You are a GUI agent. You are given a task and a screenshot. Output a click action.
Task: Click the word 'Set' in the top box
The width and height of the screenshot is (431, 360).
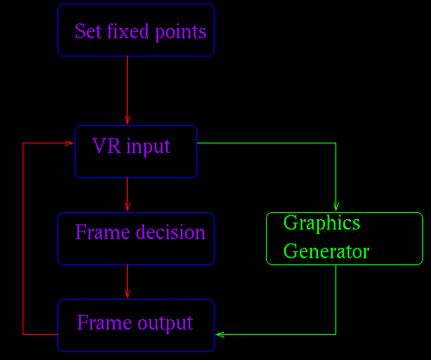pos(89,31)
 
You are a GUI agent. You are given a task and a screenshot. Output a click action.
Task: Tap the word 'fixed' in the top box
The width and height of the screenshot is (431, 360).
pos(128,31)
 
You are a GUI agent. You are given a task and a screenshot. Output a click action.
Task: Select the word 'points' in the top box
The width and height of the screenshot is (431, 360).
pos(181,32)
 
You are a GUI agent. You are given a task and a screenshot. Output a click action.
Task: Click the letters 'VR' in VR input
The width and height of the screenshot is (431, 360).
pos(106,145)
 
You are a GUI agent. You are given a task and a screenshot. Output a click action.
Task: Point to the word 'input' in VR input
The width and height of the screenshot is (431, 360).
pos(149,147)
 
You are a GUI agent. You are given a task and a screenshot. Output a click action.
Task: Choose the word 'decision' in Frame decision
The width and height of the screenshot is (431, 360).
pos(170,232)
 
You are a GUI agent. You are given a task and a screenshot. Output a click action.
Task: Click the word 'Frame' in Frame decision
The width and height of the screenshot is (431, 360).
pos(103,232)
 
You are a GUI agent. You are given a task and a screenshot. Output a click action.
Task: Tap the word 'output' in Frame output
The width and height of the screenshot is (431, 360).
pos(165,323)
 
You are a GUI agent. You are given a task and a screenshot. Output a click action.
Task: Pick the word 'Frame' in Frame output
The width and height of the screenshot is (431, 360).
pos(104,323)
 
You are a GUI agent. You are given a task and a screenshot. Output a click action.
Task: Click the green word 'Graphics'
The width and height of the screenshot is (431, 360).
pos(322,223)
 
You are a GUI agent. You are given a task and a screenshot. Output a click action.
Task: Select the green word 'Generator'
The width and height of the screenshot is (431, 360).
pos(326,251)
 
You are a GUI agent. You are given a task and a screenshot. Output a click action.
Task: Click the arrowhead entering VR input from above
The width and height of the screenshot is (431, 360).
pos(128,120)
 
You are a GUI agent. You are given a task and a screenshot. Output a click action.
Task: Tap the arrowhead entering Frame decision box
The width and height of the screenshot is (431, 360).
pos(128,207)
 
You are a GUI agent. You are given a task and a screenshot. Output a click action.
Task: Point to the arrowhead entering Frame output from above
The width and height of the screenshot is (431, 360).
pos(128,294)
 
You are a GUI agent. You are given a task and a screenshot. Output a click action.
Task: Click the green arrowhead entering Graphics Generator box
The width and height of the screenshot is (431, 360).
pos(336,207)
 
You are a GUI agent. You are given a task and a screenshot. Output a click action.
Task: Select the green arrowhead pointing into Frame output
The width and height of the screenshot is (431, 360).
pos(220,335)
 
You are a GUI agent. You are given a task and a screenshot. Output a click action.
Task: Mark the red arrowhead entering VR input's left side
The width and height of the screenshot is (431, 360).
pos(70,143)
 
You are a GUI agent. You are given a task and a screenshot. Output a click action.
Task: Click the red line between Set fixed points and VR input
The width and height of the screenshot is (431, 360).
pos(128,90)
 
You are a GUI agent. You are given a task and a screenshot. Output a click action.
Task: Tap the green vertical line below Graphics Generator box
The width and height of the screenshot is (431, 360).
pos(336,300)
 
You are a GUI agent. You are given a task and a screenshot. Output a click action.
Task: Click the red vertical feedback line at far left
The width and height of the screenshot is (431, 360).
pos(23,238)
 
